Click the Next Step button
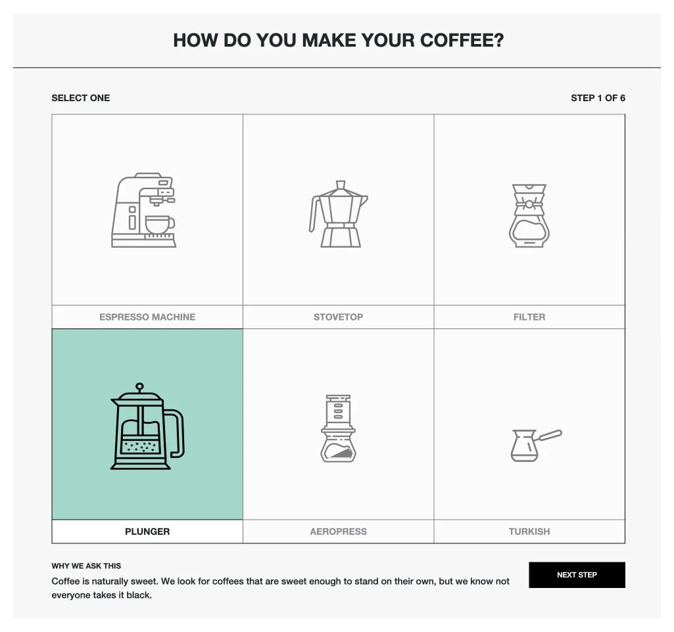pyautogui.click(x=577, y=575)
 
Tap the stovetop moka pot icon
pyautogui.click(x=338, y=214)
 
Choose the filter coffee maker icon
pyautogui.click(x=529, y=215)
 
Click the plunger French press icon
pyautogui.click(x=147, y=427)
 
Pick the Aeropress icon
pyautogui.click(x=338, y=428)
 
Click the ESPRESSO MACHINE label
pyautogui.click(x=147, y=317)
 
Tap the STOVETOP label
pyautogui.click(x=338, y=317)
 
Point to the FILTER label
pyautogui.click(x=529, y=317)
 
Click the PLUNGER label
pyautogui.click(x=147, y=531)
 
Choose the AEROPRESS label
pyautogui.click(x=338, y=531)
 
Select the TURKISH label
pyautogui.click(x=529, y=531)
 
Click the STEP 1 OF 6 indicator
pyautogui.click(x=598, y=98)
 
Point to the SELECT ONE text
pyautogui.click(x=81, y=98)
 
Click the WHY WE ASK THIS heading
pyautogui.click(x=86, y=566)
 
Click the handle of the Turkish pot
pyautogui.click(x=550, y=435)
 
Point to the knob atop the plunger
pyautogui.click(x=139, y=386)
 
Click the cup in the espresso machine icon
pyautogui.click(x=158, y=225)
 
